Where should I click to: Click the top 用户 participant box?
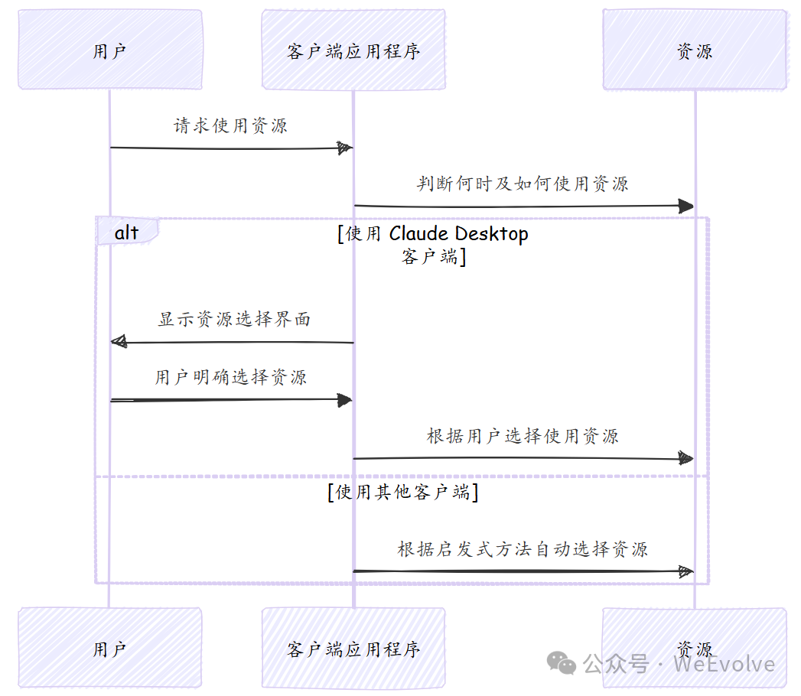tap(110, 50)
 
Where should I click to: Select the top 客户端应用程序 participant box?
tap(353, 50)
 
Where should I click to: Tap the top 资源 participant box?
tap(694, 50)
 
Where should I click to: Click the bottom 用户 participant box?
tap(110, 648)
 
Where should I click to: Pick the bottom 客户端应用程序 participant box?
tap(353, 648)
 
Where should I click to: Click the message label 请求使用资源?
tap(230, 125)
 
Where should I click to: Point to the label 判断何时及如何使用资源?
tap(523, 184)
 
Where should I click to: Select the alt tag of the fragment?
tap(126, 233)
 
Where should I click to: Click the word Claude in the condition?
tap(418, 233)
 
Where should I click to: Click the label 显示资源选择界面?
tap(234, 319)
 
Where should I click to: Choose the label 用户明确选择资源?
tap(231, 377)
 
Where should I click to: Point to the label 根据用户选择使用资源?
tap(523, 436)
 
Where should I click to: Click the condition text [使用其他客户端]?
tap(402, 492)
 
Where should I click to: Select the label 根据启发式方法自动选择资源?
tap(523, 549)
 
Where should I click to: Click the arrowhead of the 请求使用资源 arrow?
tap(345, 148)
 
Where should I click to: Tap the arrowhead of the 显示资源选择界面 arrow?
tap(118, 342)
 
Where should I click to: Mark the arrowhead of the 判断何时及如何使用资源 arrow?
tap(685, 206)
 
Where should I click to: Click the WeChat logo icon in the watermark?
tap(564, 663)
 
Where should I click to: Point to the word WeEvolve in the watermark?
tap(724, 664)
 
